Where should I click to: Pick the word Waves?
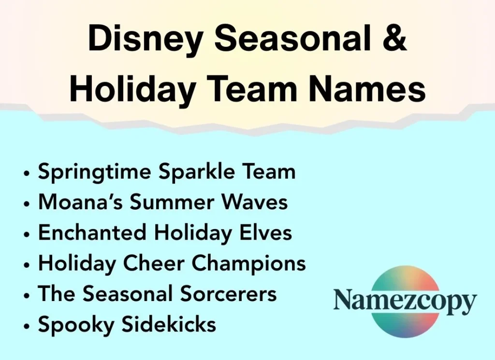point(259,202)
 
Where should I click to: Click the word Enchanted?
point(92,233)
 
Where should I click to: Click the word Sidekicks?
point(169,324)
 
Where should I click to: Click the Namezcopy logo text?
point(404,301)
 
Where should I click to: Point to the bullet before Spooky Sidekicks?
point(27,325)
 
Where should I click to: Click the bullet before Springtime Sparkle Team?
point(27,173)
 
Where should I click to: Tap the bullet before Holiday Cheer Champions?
point(27,264)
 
